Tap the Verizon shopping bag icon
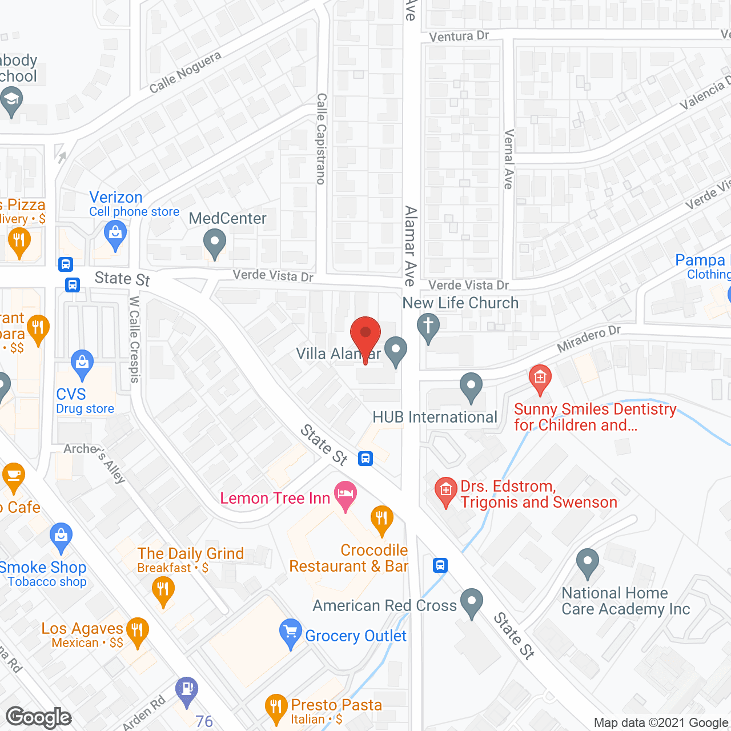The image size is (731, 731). click(x=115, y=234)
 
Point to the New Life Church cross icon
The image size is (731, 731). click(x=428, y=328)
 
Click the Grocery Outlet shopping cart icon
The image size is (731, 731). click(x=291, y=632)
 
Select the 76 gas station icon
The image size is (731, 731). click(x=187, y=689)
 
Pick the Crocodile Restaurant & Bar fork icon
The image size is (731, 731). click(x=381, y=519)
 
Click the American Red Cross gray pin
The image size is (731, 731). click(x=471, y=602)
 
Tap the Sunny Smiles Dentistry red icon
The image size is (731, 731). click(x=540, y=377)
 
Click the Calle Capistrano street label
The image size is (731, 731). click(x=321, y=139)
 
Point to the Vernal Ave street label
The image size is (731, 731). click(x=508, y=159)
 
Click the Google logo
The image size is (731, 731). click(x=39, y=717)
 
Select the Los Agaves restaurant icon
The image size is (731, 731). click(x=137, y=631)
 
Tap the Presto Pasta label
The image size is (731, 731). click(x=336, y=705)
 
